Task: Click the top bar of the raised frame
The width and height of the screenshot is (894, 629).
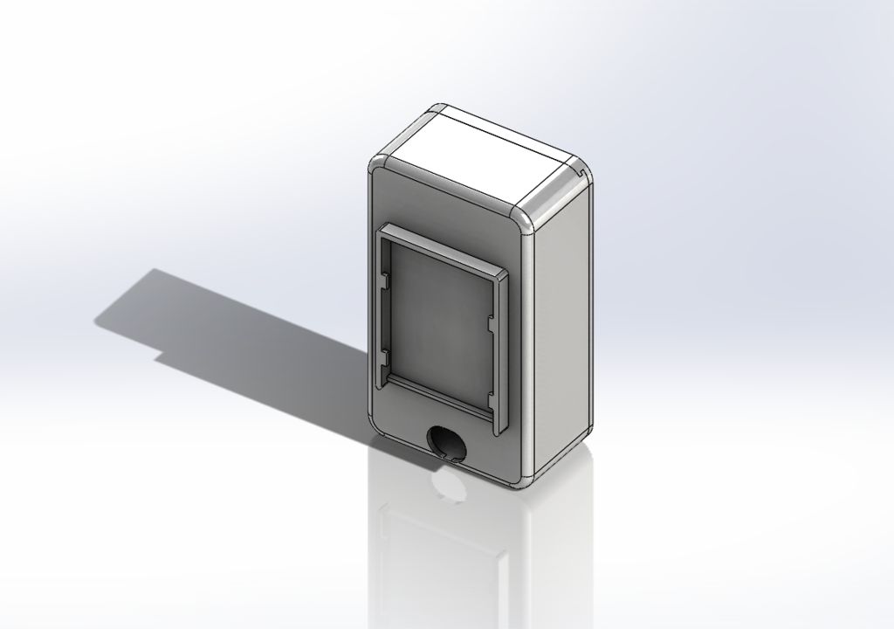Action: click(x=441, y=253)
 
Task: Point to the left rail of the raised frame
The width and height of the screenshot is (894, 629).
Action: click(x=382, y=314)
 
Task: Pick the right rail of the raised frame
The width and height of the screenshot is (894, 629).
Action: click(x=499, y=358)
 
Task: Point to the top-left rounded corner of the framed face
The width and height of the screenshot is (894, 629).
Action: click(x=377, y=168)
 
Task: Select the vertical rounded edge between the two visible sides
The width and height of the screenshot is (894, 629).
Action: click(x=529, y=349)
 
